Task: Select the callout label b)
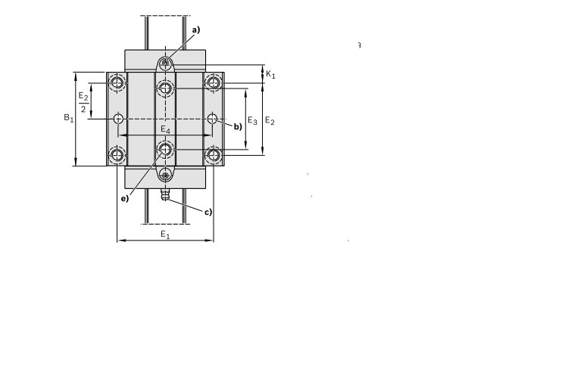tap(237, 126)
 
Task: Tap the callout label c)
tap(208, 212)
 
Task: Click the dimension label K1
tap(270, 74)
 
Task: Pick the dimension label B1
tap(68, 118)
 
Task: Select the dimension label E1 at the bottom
tap(164, 235)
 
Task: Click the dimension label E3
tap(253, 121)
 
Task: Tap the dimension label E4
tap(165, 130)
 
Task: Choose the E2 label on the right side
tap(270, 121)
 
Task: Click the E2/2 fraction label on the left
tap(83, 103)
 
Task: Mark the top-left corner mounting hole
tap(117, 82)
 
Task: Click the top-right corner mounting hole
tap(213, 82)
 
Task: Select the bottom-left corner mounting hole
tap(117, 156)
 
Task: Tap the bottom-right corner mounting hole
tap(213, 156)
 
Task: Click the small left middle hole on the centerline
tap(117, 119)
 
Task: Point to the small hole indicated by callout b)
tap(213, 119)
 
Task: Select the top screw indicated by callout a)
tap(165, 64)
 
